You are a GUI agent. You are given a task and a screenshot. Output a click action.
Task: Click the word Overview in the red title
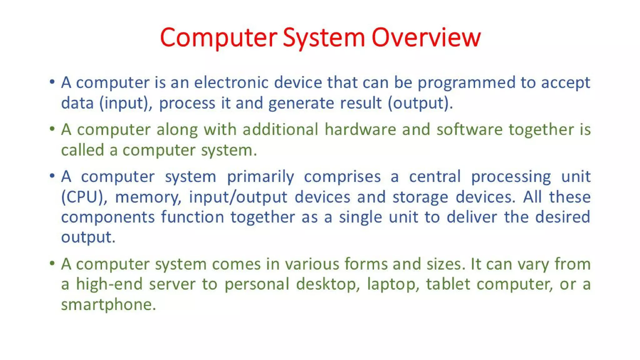[x=426, y=37]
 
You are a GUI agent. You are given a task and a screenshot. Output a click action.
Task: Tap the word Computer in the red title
[x=218, y=37]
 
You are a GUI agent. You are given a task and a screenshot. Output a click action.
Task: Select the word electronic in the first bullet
[x=231, y=83]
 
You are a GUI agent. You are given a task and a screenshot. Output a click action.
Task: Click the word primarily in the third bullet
[x=260, y=177]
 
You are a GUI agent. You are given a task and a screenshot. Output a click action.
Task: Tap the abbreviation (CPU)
[x=84, y=197]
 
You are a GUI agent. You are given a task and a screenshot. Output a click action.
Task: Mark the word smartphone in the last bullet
[x=108, y=304]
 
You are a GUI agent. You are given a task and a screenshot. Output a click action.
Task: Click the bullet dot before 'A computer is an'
[x=52, y=82]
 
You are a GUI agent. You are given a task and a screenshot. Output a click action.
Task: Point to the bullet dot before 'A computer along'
[x=52, y=129]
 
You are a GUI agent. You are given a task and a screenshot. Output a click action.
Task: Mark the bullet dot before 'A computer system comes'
[x=52, y=263]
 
